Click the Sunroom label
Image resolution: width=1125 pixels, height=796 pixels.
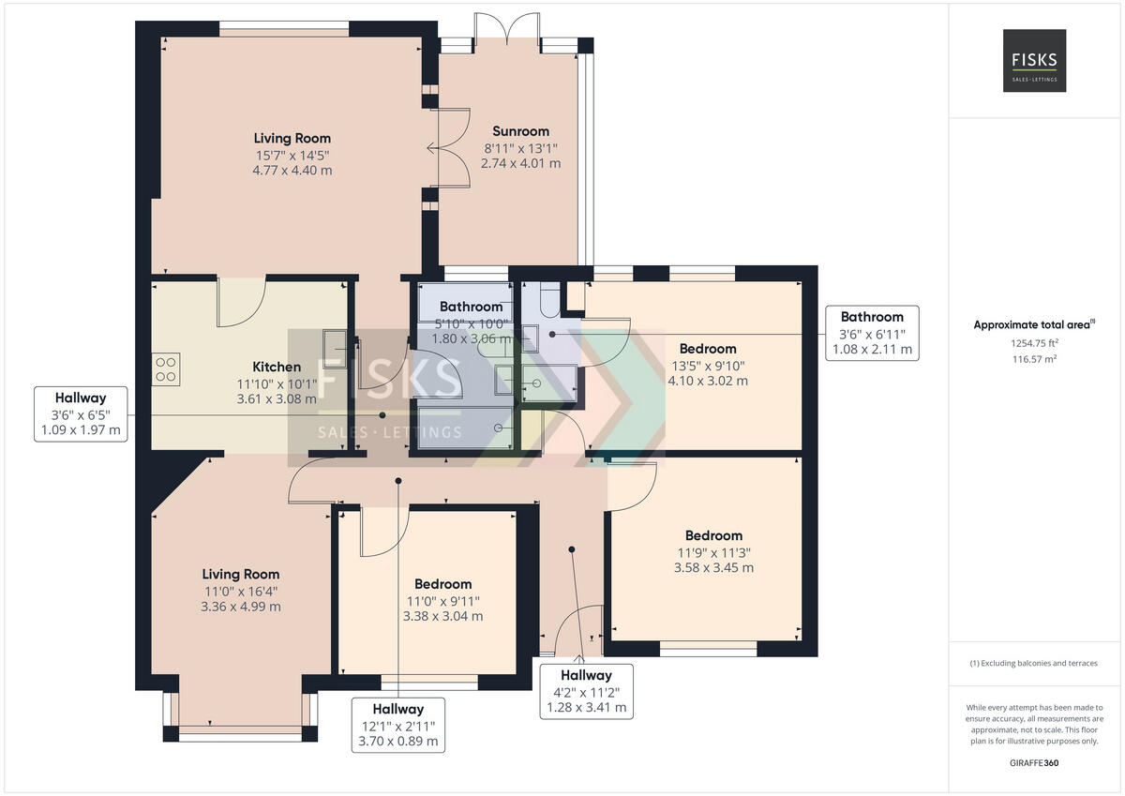tap(520, 131)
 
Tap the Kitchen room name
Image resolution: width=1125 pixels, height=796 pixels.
tap(277, 367)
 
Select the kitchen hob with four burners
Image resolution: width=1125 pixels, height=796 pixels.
tap(166, 369)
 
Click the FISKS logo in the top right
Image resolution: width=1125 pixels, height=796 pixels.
tap(1035, 60)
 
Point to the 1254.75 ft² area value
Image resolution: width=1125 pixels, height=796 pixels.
tap(1035, 343)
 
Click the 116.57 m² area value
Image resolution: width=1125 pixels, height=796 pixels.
tap(1035, 359)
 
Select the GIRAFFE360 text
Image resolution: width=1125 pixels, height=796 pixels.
tap(1034, 763)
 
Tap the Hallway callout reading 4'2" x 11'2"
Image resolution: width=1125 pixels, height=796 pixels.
tap(586, 692)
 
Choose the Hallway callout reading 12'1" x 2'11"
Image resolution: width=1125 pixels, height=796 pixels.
tap(398, 725)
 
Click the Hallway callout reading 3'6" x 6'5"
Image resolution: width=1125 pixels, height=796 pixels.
tap(81, 414)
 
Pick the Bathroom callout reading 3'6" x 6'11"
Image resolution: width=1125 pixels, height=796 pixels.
tap(873, 333)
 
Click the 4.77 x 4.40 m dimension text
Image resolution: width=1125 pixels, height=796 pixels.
tap(292, 171)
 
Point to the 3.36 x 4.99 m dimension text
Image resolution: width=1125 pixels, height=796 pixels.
tap(241, 607)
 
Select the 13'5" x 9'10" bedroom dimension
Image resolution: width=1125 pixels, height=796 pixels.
tap(708, 366)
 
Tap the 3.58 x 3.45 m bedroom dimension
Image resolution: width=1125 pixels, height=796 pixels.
tap(713, 568)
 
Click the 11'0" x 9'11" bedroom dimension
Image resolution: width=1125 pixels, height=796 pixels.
tap(442, 601)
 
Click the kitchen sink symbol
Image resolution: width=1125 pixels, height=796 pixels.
tap(335, 350)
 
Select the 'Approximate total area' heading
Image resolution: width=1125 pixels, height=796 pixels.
tap(1034, 324)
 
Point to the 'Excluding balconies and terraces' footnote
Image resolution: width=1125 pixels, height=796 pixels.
tap(1033, 663)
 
